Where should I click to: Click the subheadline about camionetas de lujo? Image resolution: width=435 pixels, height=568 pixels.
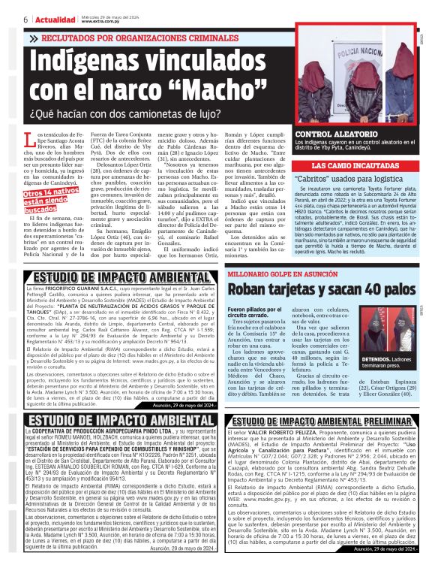[127, 115]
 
